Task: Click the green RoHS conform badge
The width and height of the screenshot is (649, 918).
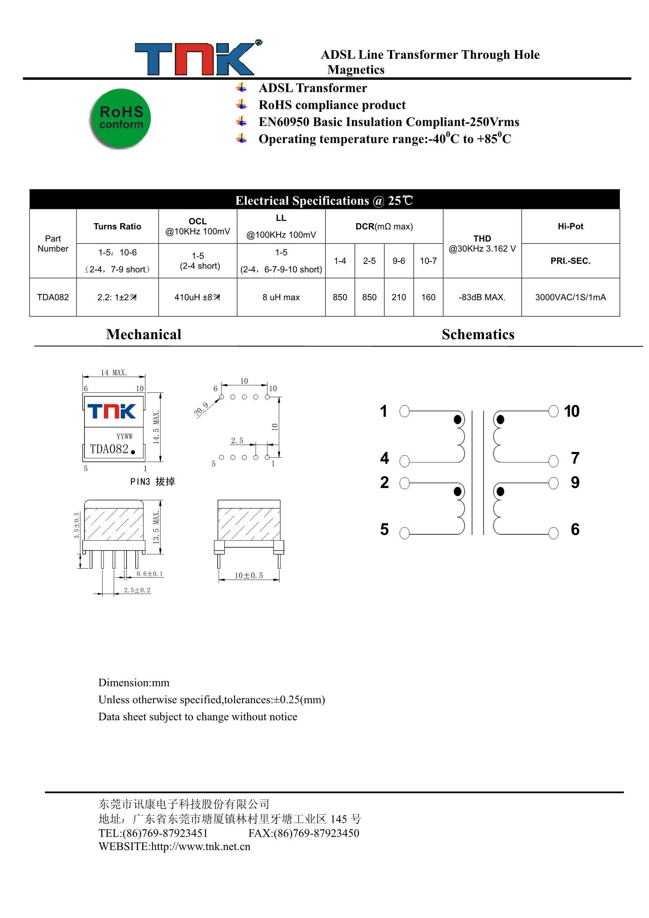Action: point(120,118)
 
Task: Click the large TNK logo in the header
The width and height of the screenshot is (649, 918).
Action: point(195,59)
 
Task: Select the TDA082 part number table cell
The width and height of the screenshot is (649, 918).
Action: point(53,297)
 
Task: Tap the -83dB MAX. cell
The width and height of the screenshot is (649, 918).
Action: point(482,297)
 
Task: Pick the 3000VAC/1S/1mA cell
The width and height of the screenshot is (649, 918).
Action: point(570,297)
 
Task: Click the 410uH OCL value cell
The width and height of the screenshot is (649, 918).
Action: point(198,297)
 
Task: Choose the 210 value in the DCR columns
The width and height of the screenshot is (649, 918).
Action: point(398,297)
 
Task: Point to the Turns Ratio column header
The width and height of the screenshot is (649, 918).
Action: point(117,226)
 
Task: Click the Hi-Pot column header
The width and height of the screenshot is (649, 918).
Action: point(570,226)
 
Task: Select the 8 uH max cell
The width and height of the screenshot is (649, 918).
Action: point(281,297)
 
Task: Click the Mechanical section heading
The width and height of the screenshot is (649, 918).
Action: point(144,334)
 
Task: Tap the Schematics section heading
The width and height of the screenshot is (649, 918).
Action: point(478,334)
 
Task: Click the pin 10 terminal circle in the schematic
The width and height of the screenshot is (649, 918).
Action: point(553,411)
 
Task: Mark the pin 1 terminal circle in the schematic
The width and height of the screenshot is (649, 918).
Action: point(404,411)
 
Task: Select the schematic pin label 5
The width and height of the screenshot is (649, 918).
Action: point(384,529)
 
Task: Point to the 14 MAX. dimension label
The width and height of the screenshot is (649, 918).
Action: point(114,373)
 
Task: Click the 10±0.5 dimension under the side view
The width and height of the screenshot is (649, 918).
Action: point(249,575)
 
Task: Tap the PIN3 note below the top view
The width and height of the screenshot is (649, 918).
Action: point(152,481)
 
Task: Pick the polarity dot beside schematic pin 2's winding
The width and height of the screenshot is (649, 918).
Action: point(457,491)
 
